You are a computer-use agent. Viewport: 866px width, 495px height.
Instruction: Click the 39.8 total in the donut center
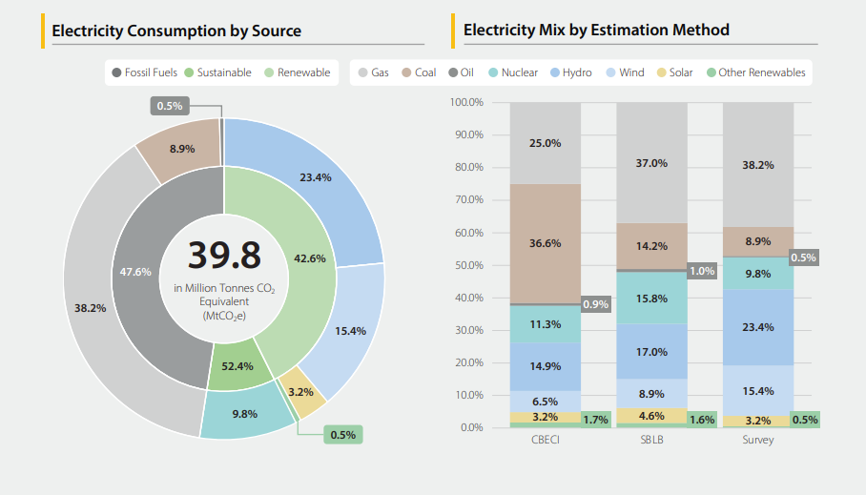223,256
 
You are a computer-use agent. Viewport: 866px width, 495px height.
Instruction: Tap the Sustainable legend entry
218,72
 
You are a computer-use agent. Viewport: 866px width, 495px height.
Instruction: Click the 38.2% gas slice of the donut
91,308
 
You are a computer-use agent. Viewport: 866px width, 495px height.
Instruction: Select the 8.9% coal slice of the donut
181,149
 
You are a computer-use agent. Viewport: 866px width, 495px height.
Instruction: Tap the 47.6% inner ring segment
135,272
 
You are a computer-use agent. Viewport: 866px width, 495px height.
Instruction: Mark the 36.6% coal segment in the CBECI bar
546,243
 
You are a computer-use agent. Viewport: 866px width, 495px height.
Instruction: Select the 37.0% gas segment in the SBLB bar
651,163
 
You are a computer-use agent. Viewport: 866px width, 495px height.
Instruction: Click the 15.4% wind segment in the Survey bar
757,391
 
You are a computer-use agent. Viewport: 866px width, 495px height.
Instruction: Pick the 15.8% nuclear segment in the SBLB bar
651,299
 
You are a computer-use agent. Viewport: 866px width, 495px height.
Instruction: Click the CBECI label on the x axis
546,441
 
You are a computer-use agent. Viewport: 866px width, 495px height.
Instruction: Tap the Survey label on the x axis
757,441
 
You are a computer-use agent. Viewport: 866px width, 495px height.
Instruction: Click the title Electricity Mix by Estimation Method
596,30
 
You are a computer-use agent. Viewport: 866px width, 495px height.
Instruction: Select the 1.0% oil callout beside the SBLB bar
702,271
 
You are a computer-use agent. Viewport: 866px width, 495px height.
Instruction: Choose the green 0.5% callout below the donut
342,435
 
